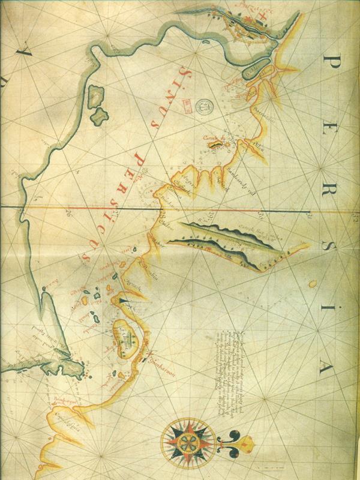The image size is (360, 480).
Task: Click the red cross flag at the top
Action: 258,15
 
